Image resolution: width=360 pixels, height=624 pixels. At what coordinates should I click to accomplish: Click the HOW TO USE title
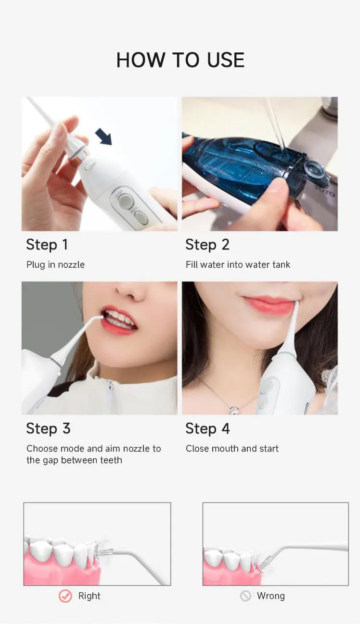click(x=180, y=60)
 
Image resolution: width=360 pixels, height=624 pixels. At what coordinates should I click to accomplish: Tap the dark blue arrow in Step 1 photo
click(x=103, y=137)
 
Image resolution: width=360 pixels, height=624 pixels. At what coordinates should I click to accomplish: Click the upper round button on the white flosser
click(x=124, y=200)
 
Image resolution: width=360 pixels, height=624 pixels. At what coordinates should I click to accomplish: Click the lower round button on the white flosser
click(x=141, y=217)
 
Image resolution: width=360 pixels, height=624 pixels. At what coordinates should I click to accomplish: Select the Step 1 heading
click(x=47, y=245)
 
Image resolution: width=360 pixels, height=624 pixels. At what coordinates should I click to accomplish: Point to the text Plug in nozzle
click(x=55, y=265)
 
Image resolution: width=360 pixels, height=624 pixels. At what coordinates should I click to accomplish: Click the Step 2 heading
click(x=207, y=245)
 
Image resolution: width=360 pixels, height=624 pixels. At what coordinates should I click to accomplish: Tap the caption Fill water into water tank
click(x=238, y=265)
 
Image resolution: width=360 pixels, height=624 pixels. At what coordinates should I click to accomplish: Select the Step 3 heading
click(x=48, y=429)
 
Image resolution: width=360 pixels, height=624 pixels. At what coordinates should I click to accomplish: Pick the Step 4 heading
click(x=207, y=429)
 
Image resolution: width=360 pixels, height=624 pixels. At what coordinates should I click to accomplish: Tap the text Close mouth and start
click(x=232, y=449)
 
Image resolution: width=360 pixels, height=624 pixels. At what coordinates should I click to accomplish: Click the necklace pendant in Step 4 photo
click(x=234, y=410)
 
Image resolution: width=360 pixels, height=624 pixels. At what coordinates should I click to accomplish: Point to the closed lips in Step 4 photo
click(x=268, y=304)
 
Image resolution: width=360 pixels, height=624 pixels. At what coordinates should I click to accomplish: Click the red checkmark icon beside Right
click(x=65, y=596)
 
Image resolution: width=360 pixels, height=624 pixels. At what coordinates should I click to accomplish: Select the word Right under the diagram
click(x=90, y=596)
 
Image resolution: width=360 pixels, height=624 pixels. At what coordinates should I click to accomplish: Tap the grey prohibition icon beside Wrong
click(x=245, y=596)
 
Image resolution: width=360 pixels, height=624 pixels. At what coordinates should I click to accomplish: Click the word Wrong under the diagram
click(x=270, y=596)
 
